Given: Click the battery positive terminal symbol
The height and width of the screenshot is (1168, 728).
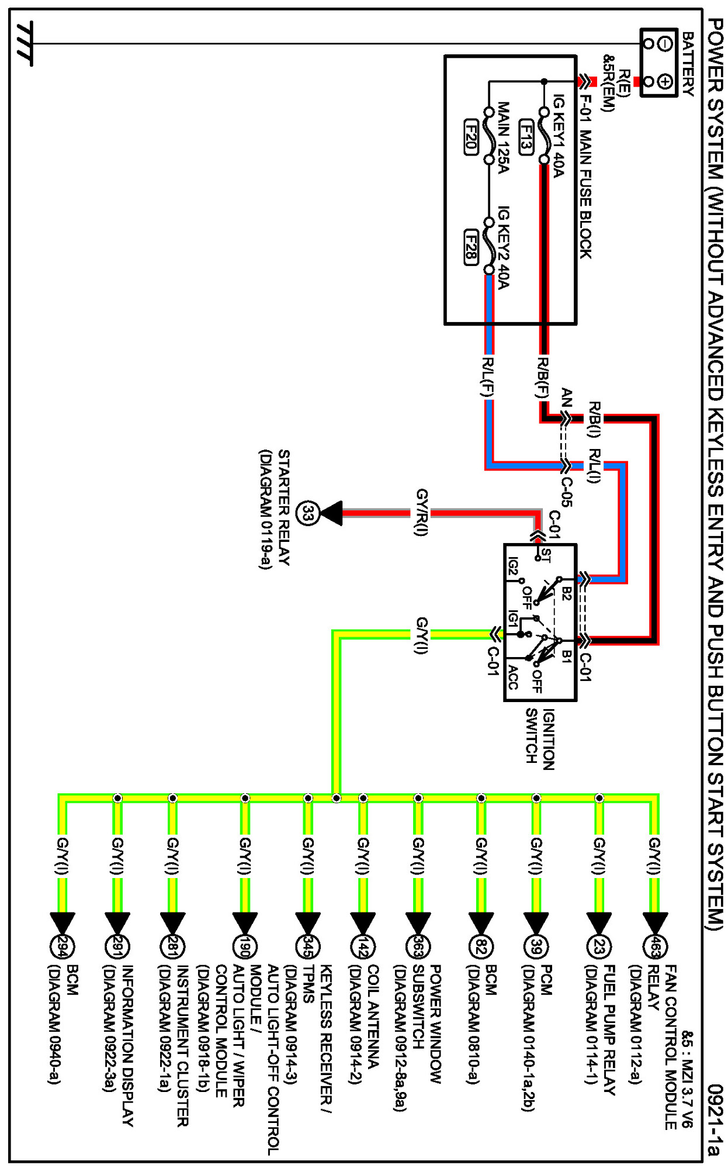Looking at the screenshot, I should click(x=665, y=81).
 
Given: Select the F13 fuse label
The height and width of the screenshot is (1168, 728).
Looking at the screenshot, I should click(x=526, y=137).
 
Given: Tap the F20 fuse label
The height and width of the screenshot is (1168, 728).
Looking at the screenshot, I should click(x=471, y=137).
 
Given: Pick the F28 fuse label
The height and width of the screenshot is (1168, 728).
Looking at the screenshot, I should click(x=471, y=247).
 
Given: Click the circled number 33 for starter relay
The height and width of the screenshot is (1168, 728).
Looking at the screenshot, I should click(x=308, y=514).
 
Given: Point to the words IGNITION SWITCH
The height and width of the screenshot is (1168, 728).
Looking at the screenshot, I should click(x=539, y=738).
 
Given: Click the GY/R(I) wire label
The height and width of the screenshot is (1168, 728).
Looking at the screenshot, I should click(x=421, y=512).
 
